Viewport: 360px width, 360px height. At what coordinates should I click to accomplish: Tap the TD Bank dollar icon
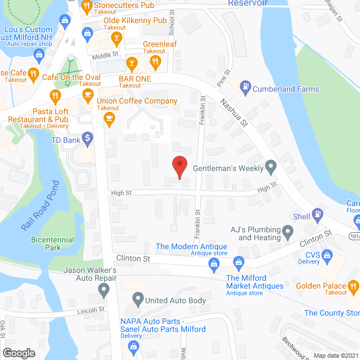[87, 137]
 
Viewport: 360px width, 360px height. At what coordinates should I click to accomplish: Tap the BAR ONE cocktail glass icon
[132, 62]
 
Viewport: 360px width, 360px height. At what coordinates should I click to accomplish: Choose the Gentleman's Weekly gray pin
[271, 166]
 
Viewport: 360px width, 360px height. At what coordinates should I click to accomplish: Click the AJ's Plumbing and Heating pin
[288, 231]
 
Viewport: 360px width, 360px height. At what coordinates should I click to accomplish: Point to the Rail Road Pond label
[40, 205]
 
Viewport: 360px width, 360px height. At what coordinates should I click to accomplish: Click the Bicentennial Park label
[52, 244]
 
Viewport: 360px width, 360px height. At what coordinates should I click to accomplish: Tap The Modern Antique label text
[191, 246]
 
